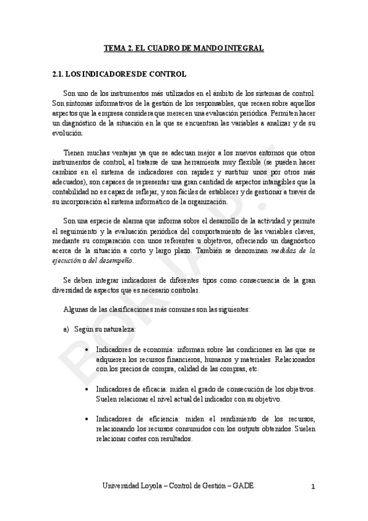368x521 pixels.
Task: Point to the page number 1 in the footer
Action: [313, 487]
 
